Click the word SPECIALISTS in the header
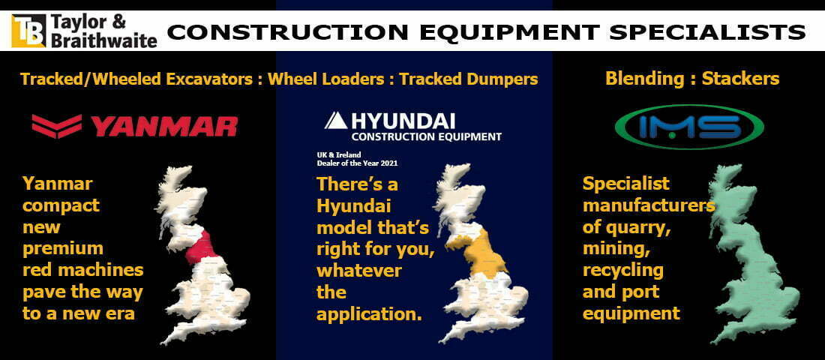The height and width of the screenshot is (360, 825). (x=707, y=32)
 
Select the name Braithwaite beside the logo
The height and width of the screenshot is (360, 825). (x=103, y=40)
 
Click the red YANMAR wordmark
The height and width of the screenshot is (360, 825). (x=163, y=126)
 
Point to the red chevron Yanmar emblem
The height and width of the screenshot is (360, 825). (x=57, y=126)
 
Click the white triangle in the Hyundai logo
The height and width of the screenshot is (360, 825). (x=335, y=121)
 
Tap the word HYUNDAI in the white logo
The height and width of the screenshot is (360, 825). (x=403, y=121)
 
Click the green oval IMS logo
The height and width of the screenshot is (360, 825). (x=689, y=127)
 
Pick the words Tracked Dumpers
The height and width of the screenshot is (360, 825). (x=468, y=79)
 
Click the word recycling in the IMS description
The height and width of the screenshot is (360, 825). (x=623, y=271)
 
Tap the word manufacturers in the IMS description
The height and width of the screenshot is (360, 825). (x=649, y=205)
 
